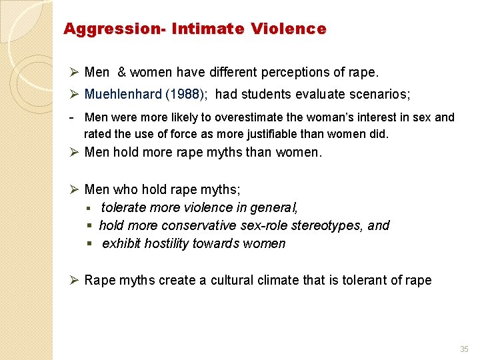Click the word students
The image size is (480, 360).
pyautogui.click(x=268, y=95)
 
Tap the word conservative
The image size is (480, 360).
pyautogui.click(x=199, y=225)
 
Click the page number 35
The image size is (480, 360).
pyautogui.click(x=464, y=349)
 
